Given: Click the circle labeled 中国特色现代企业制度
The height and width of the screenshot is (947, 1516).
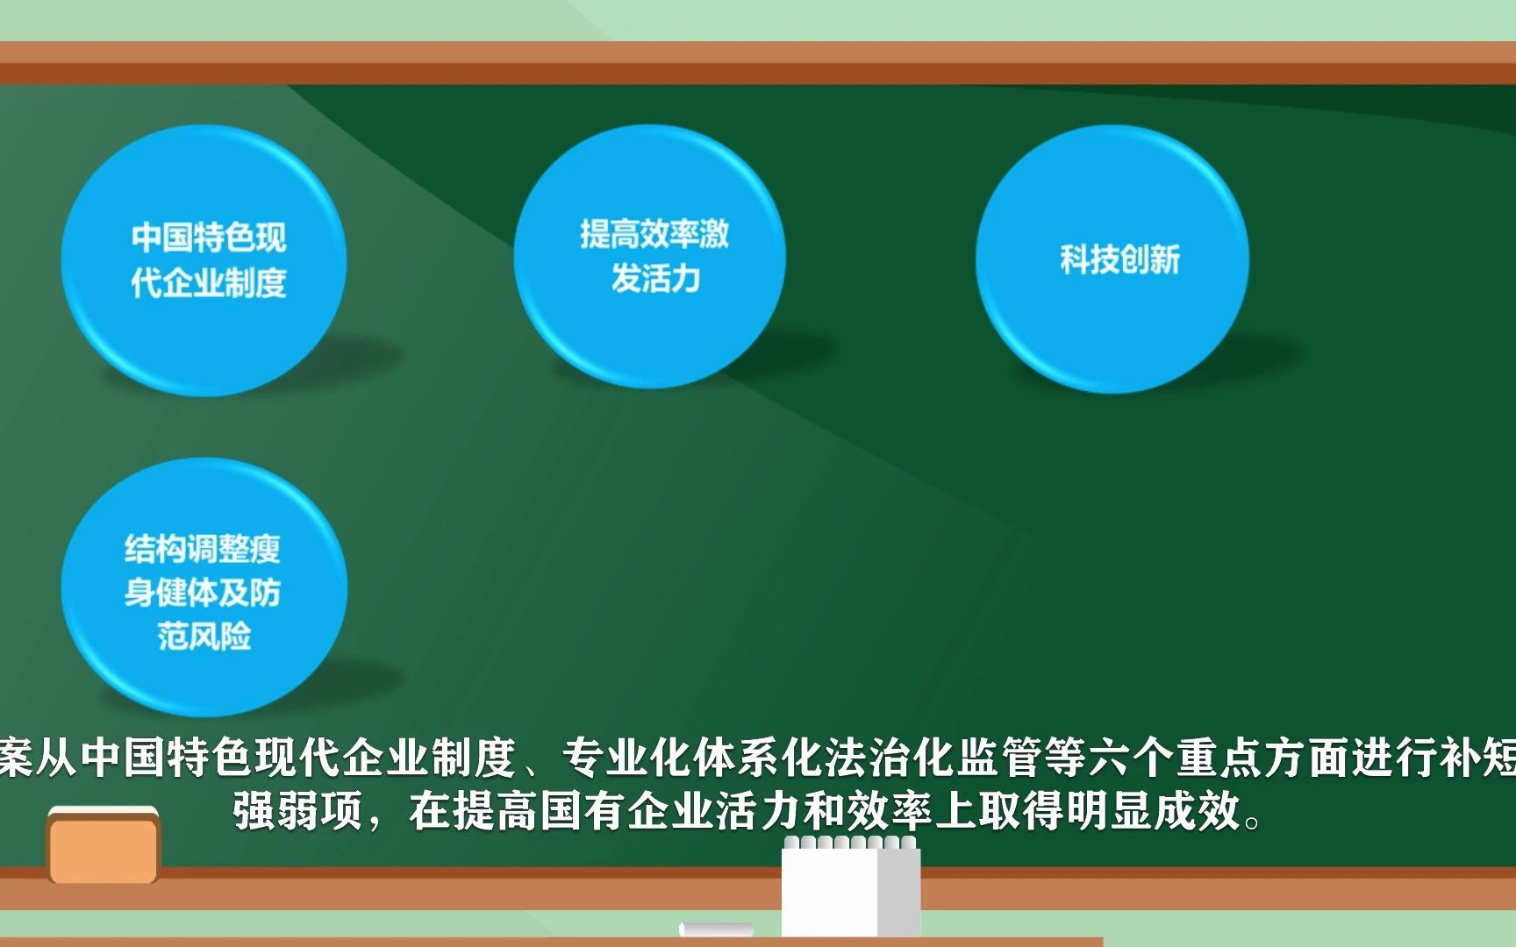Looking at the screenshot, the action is [204, 260].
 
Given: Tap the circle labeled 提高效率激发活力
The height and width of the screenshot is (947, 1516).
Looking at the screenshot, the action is [650, 256].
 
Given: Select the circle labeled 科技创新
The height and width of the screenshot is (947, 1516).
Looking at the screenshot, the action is [1112, 259].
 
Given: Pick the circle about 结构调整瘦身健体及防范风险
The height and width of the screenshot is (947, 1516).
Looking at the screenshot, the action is [204, 587].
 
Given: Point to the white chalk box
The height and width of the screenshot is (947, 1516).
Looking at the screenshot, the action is [851, 886].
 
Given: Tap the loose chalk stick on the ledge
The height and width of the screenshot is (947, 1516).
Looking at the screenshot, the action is [716, 929].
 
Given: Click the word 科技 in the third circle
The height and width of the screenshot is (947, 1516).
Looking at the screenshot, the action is [1090, 260].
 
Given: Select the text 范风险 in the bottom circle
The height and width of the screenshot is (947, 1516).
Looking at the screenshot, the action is [204, 635].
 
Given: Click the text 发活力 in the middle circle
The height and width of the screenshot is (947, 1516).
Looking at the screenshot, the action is [655, 279].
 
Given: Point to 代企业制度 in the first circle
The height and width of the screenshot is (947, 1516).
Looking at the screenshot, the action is [209, 282].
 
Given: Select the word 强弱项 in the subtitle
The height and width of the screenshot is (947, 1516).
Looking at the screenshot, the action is [298, 810].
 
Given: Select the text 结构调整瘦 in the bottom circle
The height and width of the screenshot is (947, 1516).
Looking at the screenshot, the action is [203, 549].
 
